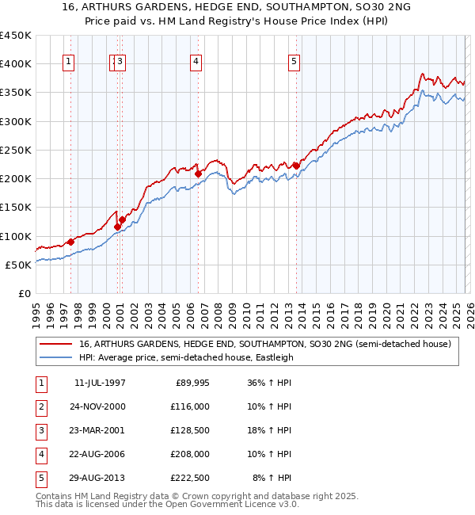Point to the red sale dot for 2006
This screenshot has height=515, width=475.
tap(198, 174)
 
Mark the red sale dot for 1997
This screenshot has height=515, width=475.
tap(70, 242)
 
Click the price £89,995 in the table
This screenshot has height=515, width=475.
tap(190, 383)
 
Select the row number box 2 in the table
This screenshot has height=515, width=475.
tap(40, 406)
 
